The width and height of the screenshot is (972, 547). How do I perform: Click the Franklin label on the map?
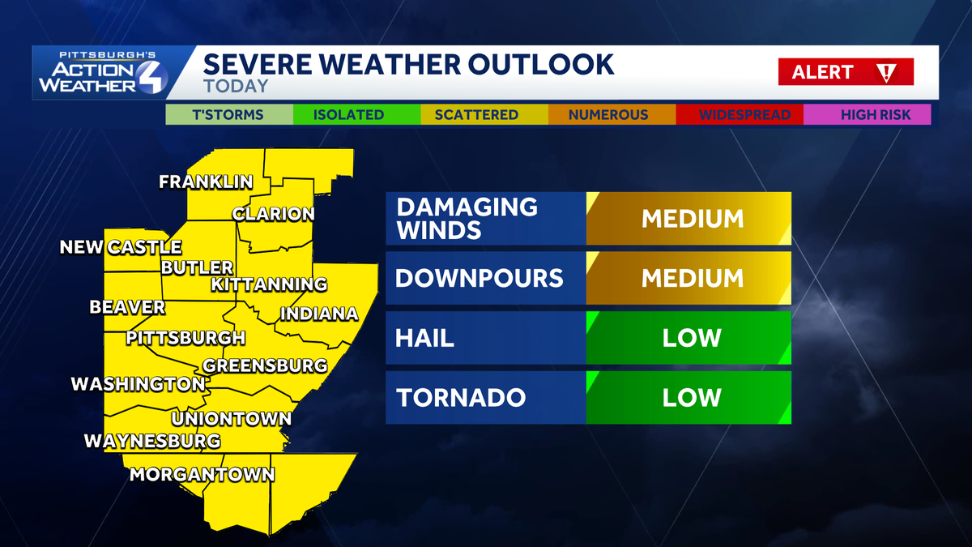coord(206,182)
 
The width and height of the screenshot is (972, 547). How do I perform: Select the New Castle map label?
coord(121,247)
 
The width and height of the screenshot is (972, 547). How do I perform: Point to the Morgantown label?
coord(202,475)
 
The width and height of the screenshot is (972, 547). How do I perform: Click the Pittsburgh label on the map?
coord(185,338)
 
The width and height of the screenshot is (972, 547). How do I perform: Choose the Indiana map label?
coord(319,314)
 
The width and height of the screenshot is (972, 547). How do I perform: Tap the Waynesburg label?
coord(152,442)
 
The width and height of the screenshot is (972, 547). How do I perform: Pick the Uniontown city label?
coord(232,420)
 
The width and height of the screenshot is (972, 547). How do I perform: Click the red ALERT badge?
coord(846,72)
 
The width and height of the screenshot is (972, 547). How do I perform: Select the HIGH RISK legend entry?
coord(868,115)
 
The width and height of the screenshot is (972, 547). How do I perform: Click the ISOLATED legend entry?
coord(348,115)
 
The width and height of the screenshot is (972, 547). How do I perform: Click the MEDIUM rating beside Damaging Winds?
coord(692,218)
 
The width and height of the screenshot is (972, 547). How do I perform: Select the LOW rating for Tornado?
coord(692,398)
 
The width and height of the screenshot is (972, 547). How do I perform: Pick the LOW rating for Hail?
coord(692,338)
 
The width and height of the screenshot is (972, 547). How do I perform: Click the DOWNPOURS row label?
coord(479,278)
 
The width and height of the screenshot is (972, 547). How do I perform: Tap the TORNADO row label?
coord(461,398)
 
